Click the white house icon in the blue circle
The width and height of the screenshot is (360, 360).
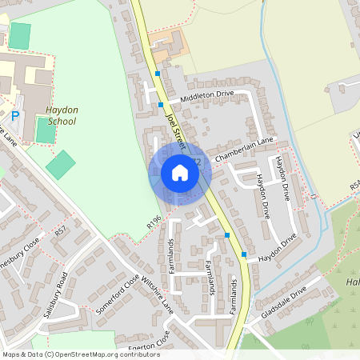coord(180,173)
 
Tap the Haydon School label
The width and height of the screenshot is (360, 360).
coord(62,116)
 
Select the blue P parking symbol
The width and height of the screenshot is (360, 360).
coord(15,117)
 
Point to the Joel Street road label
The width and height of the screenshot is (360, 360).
coord(175,128)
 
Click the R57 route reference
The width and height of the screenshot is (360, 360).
coord(61,232)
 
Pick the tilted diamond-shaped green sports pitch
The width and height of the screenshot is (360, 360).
coord(60,165)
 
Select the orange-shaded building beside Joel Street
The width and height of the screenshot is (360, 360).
coord(167,48)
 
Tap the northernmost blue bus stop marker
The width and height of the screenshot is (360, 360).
coord(158,74)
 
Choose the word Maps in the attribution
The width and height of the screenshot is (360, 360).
coord(12,354)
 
